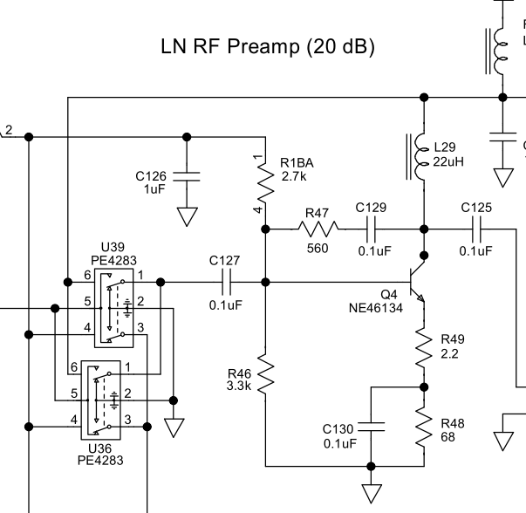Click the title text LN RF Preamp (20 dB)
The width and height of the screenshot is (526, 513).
pos(268,47)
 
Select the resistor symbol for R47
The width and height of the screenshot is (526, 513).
pos(316,229)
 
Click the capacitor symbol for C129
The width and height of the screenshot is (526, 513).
pos(371,229)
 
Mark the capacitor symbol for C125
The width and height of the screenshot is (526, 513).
pos(476,229)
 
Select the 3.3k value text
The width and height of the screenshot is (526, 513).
pos(236,384)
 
